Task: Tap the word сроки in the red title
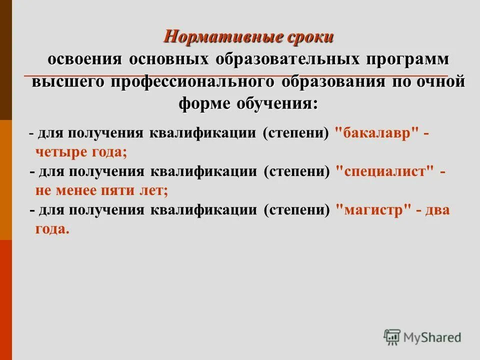click(x=310, y=37)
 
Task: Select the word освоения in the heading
click(x=85, y=59)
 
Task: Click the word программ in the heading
click(x=407, y=59)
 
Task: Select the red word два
click(x=437, y=210)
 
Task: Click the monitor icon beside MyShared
click(x=392, y=337)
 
